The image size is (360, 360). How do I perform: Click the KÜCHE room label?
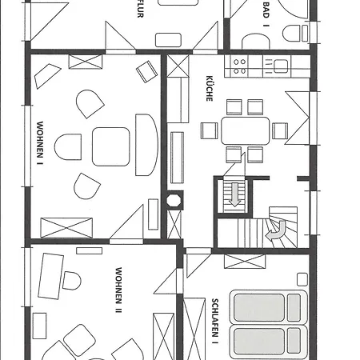(x=210, y=88)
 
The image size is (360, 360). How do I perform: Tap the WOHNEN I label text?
(x=40, y=143)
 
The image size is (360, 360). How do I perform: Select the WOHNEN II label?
(x=118, y=290)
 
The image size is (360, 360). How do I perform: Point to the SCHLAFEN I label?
(x=215, y=321)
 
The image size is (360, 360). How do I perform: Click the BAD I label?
(x=266, y=14)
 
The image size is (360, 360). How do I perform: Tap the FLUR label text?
(x=140, y=9)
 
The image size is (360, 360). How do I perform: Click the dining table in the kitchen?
(x=245, y=130)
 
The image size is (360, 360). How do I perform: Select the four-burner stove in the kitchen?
(x=239, y=66)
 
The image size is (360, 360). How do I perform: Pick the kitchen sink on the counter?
(x=281, y=66)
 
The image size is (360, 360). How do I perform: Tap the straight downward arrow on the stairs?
(x=234, y=194)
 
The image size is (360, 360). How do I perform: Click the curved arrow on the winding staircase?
(x=277, y=230)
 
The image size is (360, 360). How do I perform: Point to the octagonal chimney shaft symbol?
(x=174, y=200)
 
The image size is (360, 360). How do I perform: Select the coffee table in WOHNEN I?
(x=111, y=146)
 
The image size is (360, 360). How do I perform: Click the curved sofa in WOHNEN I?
(x=146, y=145)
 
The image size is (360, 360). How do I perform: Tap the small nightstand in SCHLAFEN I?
(x=302, y=279)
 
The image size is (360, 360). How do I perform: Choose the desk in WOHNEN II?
(x=50, y=276)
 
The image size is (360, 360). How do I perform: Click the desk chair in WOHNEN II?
(x=72, y=281)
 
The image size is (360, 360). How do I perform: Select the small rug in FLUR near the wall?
(x=168, y=40)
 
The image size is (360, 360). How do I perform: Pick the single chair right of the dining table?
(x=280, y=130)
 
